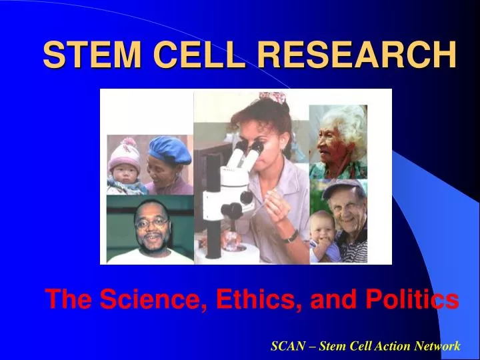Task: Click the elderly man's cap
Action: (x=344, y=188)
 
